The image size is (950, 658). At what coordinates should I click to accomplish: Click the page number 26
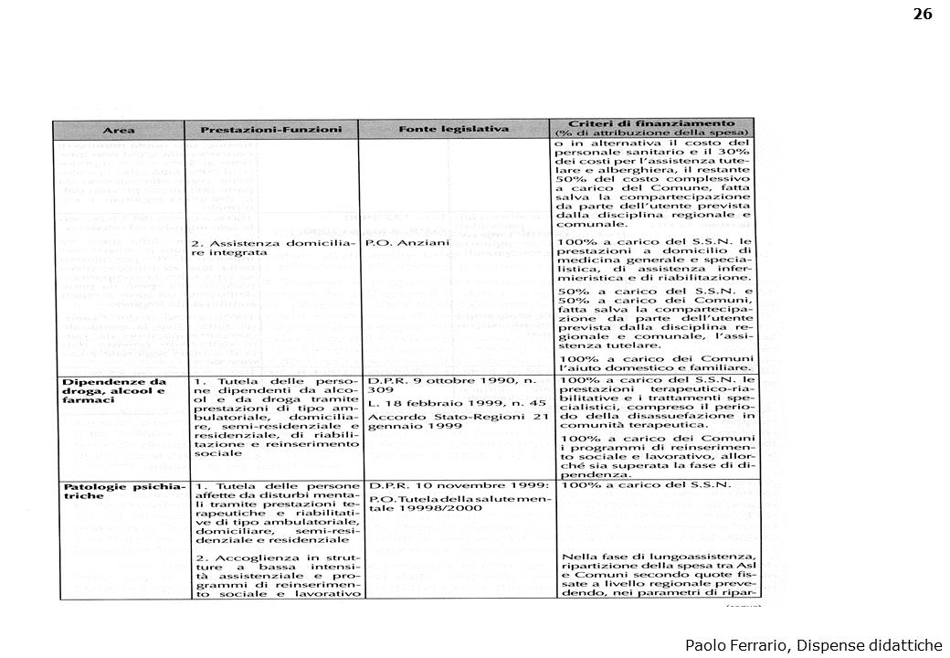[x=922, y=14]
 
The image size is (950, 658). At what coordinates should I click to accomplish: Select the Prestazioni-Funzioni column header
[x=271, y=130]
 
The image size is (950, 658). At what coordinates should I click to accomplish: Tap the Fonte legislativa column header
[x=453, y=129]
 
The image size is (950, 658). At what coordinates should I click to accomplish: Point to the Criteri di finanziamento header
[x=652, y=123]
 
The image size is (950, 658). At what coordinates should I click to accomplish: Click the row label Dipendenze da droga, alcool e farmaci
[x=113, y=390]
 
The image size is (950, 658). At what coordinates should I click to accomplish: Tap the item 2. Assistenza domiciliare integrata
[x=271, y=248]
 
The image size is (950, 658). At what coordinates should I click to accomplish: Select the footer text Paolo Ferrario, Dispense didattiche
[x=813, y=645]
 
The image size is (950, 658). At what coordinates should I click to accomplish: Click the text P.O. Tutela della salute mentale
[x=457, y=505]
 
